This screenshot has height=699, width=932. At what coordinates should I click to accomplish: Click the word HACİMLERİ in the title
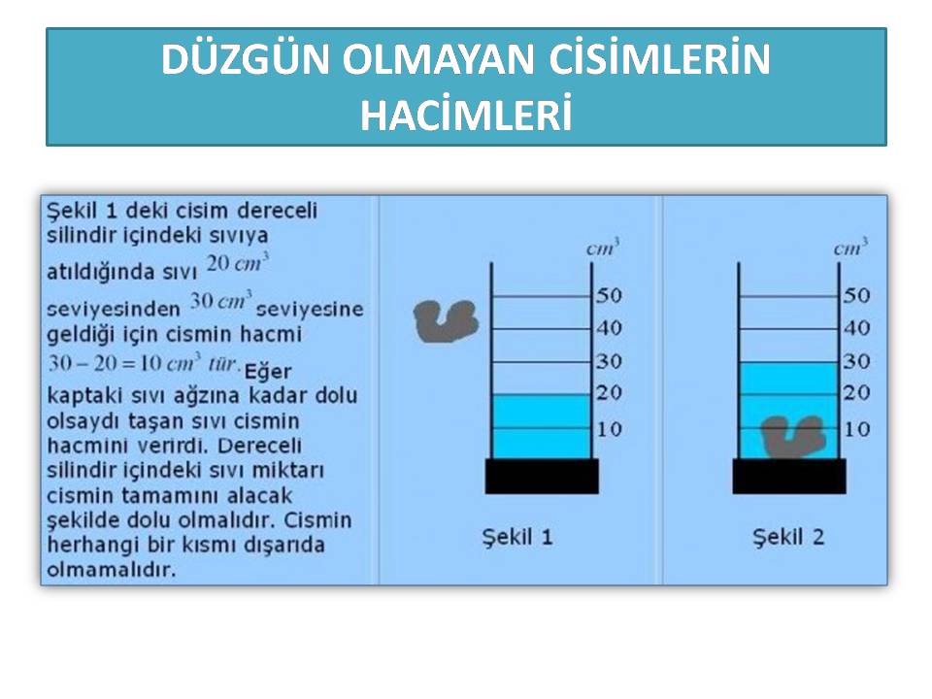click(466, 115)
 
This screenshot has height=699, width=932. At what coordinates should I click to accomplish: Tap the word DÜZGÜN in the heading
click(245, 59)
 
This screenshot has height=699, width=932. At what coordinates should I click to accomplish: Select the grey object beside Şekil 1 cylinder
click(446, 321)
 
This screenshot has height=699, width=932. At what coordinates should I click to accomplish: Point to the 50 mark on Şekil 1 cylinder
click(610, 295)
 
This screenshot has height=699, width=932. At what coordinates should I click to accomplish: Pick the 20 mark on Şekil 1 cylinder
click(610, 392)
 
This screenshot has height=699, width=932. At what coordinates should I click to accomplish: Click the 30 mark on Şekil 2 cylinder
click(856, 361)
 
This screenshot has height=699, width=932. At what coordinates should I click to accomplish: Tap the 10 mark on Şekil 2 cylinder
click(856, 429)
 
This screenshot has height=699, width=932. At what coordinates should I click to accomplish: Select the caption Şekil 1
click(517, 537)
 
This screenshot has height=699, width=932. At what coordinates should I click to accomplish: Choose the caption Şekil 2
click(788, 537)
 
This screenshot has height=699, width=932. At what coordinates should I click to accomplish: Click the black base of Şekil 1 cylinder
click(542, 476)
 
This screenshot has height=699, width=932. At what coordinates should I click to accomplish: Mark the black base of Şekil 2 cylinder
click(789, 476)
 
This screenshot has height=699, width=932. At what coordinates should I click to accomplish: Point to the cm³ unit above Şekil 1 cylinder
click(603, 248)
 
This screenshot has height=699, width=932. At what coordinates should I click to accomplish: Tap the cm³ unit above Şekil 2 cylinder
click(850, 248)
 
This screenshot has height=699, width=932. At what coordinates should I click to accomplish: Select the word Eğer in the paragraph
click(268, 372)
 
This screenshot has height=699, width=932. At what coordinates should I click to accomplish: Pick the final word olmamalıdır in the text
click(111, 570)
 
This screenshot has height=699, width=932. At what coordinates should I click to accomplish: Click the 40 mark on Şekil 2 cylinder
click(856, 328)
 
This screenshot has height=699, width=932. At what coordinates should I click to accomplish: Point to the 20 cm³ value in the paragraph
click(238, 262)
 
